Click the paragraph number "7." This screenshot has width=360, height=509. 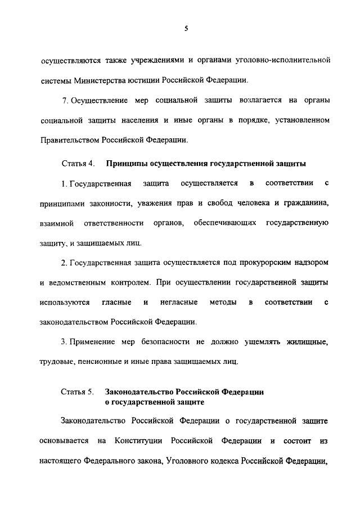pyautogui.click(x=66, y=100)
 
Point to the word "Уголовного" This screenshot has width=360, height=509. pyautogui.click(x=192, y=460)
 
